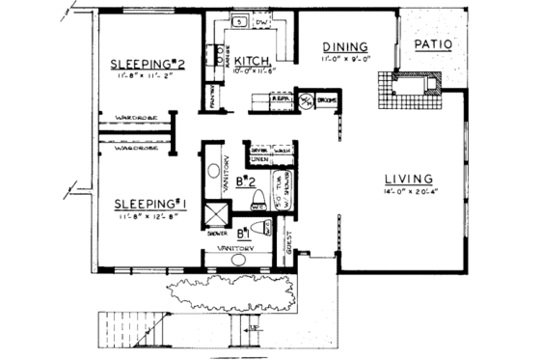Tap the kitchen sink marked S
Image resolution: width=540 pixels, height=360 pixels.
[x=236, y=21]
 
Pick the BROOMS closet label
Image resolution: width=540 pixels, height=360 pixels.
[x=326, y=100]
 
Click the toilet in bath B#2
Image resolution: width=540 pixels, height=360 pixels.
[x=257, y=204]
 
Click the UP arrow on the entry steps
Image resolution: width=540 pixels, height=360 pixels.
[x=252, y=329]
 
